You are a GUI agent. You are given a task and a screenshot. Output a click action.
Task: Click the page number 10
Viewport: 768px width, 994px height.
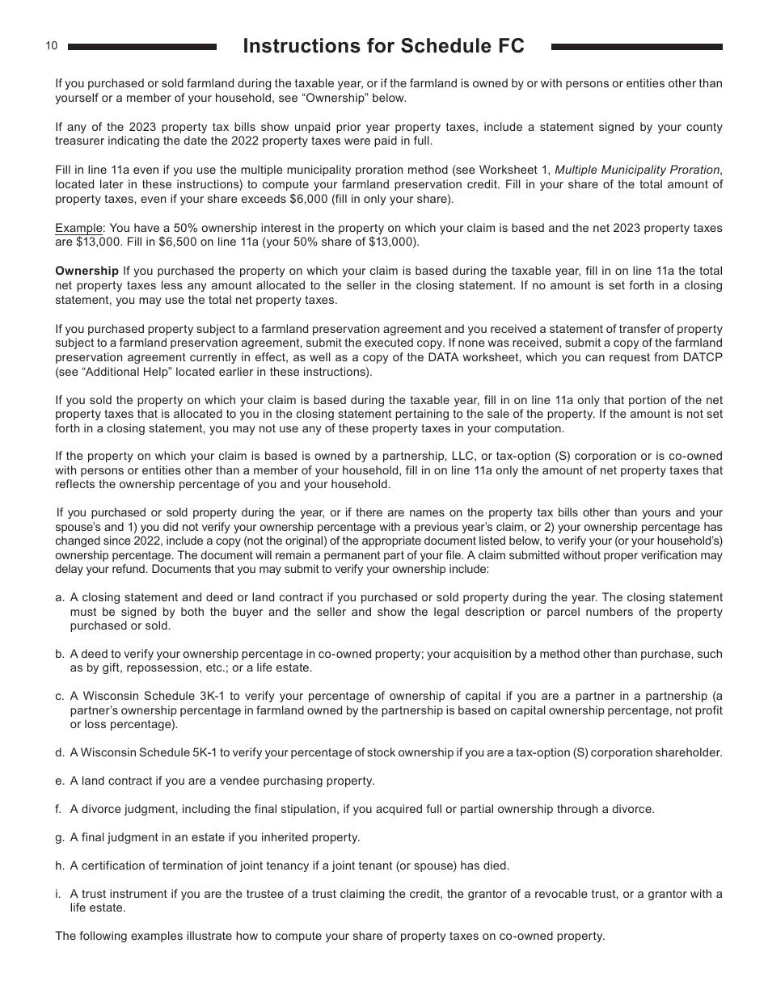coord(52,46)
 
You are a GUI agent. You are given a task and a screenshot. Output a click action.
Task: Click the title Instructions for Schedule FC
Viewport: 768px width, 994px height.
coord(383,47)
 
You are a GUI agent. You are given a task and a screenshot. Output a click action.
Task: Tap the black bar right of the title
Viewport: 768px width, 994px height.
coord(636,47)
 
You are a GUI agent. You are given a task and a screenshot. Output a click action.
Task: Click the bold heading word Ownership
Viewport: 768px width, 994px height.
coord(87,271)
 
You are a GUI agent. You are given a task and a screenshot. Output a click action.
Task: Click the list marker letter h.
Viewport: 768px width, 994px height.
coord(59,866)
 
